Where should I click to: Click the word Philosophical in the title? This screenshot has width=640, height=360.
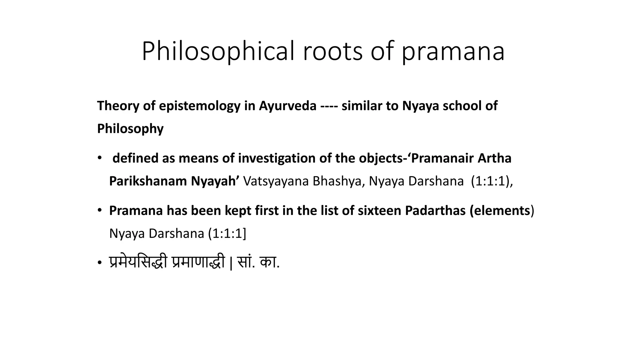(x=218, y=51)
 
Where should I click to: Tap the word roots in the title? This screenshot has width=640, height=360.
(x=332, y=51)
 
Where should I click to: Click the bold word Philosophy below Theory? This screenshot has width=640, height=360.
(x=130, y=129)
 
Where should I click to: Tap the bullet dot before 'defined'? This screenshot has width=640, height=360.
(x=99, y=158)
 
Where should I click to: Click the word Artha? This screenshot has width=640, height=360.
(x=494, y=158)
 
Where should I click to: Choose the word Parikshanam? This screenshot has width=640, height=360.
(x=148, y=181)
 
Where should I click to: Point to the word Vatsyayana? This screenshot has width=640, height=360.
(x=276, y=181)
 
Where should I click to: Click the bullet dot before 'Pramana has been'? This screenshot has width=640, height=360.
(x=99, y=210)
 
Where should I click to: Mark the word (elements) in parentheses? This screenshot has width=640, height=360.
(x=502, y=211)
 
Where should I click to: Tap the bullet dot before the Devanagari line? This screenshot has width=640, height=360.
(x=99, y=263)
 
